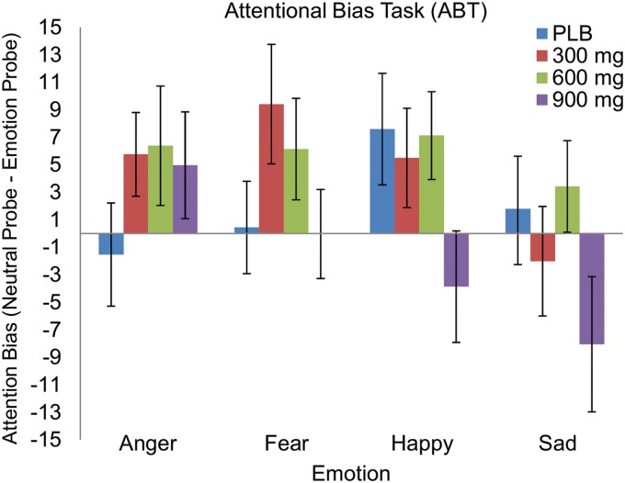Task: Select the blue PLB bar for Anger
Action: (x=111, y=243)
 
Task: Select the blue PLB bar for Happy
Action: (x=382, y=181)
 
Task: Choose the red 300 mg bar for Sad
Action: (x=542, y=247)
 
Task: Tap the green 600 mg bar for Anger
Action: (x=160, y=189)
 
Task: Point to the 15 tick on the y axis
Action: (x=61, y=28)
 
